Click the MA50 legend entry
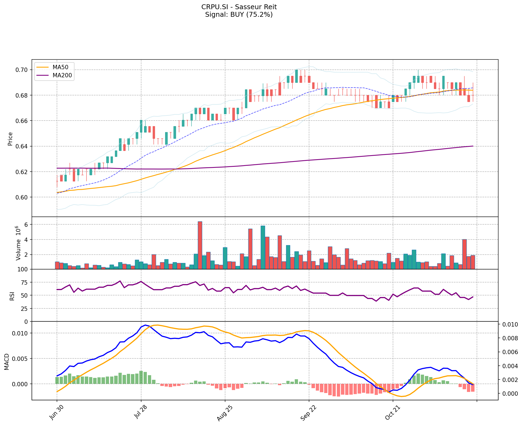click(60, 67)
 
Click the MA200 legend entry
click(62, 75)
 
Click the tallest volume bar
click(200, 245)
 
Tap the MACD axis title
click(6, 362)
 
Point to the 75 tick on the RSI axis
click(24, 282)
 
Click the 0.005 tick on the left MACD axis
click(21, 359)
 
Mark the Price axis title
click(10, 139)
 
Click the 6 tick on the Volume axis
click(26, 225)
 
